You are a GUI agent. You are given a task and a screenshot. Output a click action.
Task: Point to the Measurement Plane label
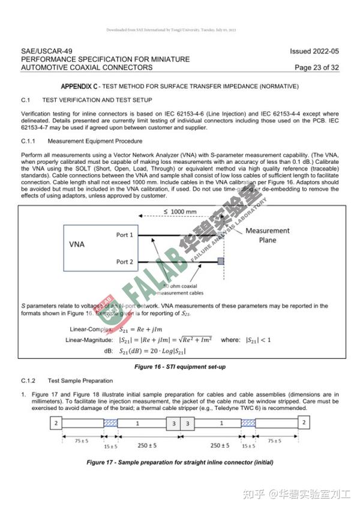(x=268, y=235)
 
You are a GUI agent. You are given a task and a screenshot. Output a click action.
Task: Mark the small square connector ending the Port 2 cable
(x=221, y=262)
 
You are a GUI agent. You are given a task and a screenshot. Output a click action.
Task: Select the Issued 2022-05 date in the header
(x=314, y=52)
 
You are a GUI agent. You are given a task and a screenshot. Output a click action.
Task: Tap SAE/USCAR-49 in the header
(x=46, y=52)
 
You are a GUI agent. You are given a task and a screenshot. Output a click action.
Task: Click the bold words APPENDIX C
(x=80, y=86)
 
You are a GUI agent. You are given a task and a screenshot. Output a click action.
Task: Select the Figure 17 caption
(x=180, y=462)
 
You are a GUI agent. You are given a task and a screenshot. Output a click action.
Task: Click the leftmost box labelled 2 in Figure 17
(x=56, y=423)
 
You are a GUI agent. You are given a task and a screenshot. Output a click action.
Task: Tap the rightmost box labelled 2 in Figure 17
(x=305, y=423)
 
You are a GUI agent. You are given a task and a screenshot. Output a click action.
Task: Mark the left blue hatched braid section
(x=111, y=423)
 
